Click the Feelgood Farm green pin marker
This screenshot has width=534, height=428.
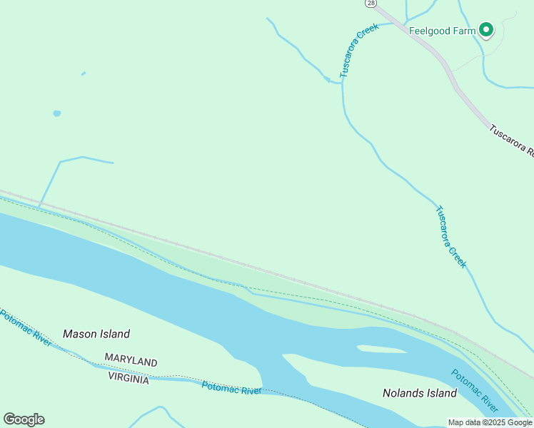tap(486, 29)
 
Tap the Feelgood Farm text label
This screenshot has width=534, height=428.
tap(442, 31)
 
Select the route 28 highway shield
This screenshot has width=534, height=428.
tap(371, 4)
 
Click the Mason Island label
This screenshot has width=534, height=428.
tap(96, 334)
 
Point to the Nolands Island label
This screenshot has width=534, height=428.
tap(420, 393)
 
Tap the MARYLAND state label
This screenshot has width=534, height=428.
tap(131, 362)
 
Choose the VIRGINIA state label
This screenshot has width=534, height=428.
tap(129, 379)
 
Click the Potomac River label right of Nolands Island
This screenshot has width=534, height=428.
tap(475, 390)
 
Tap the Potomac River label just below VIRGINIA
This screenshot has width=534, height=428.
tap(231, 388)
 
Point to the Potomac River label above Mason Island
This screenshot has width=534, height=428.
tap(26, 327)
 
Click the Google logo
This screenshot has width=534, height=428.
tap(24, 419)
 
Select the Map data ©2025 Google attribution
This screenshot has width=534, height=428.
tap(490, 422)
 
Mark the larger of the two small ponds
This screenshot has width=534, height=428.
tap(56, 113)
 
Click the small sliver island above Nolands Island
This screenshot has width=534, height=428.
tap(382, 350)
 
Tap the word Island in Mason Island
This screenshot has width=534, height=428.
tap(114, 334)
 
